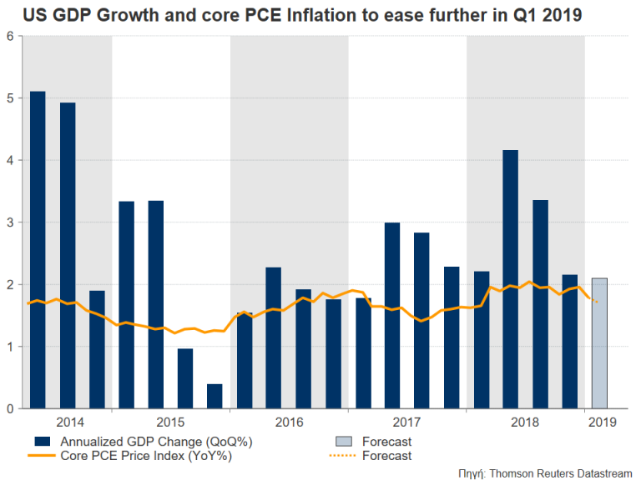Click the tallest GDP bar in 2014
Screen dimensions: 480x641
[38, 250]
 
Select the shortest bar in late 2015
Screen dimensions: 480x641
[215, 397]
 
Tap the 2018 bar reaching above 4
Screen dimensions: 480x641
[510, 279]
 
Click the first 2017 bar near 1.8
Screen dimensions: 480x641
[363, 353]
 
